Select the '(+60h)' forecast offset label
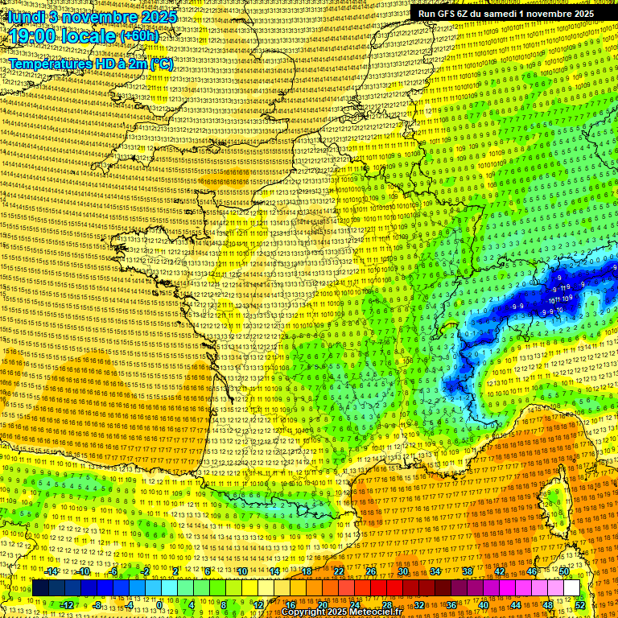[139, 37]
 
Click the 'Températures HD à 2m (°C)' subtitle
[90, 64]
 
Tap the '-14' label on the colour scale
[52, 571]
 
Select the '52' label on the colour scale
[580, 604]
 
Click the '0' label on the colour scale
[159, 604]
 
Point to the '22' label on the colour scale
[339, 571]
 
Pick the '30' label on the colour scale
[402, 571]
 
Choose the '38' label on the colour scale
[467, 571]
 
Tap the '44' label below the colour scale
[516, 604]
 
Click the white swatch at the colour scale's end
[571, 588]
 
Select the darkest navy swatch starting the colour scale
[40, 588]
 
